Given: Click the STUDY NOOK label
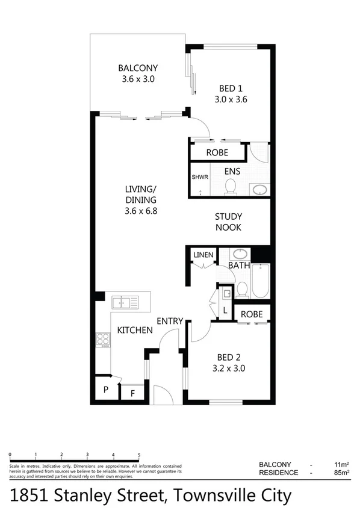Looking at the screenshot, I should (228, 222).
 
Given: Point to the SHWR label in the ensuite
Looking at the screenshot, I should (199, 178).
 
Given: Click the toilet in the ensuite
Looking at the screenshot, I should (229, 189).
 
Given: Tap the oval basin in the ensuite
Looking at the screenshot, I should (260, 190).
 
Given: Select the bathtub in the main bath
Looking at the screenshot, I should (260, 281).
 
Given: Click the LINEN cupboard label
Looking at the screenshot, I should (203, 255).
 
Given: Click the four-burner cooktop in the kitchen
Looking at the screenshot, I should (103, 340).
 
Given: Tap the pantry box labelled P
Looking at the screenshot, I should (105, 390).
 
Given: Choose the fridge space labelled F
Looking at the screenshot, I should (132, 394).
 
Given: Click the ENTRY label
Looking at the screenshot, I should (170, 321).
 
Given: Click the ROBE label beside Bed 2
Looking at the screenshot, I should (252, 314).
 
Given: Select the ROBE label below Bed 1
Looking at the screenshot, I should (217, 153).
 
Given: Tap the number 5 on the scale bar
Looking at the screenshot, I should (139, 455).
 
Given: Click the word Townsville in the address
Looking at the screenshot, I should (211, 496).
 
